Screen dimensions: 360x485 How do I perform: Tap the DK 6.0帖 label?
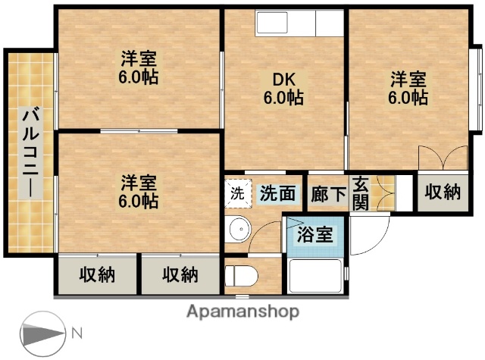(283, 88)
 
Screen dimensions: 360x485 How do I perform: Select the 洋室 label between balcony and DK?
(139, 67)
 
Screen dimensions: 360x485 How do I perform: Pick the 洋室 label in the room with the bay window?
(408, 88)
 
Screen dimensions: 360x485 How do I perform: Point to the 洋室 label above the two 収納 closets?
(139, 192)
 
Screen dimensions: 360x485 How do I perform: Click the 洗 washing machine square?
(237, 193)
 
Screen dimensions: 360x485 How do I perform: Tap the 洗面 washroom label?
(278, 193)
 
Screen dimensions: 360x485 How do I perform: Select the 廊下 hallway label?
(328, 194)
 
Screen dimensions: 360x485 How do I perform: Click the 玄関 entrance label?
(361, 193)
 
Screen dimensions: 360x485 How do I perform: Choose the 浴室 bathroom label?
(314, 233)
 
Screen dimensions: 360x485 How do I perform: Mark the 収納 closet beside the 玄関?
(441, 193)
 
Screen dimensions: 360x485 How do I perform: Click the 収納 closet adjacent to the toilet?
(180, 274)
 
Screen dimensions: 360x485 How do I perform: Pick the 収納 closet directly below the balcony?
(97, 274)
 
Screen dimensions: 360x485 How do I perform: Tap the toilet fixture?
(240, 274)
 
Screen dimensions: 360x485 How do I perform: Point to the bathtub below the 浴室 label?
(315, 275)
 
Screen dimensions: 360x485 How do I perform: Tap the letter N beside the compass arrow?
(77, 333)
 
